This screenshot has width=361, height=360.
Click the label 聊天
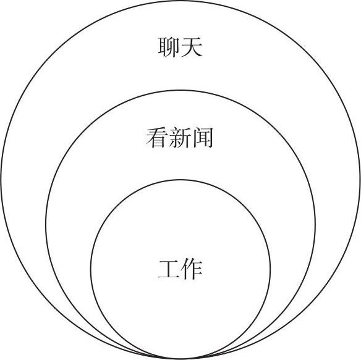(x=180, y=47)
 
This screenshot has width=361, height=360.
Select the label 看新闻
(x=180, y=138)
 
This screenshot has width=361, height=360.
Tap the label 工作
(x=180, y=270)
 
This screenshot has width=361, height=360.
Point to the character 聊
(x=169, y=47)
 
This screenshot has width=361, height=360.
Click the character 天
(x=192, y=47)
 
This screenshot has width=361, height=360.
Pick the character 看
(x=156, y=138)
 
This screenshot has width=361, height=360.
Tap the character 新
(x=180, y=138)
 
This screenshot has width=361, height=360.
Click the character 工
(x=169, y=270)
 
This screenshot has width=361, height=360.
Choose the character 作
(x=192, y=270)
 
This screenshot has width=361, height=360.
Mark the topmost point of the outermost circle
(x=180, y=1)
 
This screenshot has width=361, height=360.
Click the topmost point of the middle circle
(x=180, y=90)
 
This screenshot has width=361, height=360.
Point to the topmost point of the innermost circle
(x=180, y=180)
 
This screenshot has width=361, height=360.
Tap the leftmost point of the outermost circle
(x=1, y=180)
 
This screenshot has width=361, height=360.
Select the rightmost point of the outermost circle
(x=360, y=180)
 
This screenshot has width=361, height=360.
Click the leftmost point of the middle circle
(x=46, y=225)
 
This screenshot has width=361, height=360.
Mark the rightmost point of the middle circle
(x=315, y=225)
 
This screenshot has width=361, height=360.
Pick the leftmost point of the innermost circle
(x=91, y=269)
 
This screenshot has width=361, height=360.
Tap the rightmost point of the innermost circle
(x=270, y=269)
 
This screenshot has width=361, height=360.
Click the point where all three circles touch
(x=180, y=359)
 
